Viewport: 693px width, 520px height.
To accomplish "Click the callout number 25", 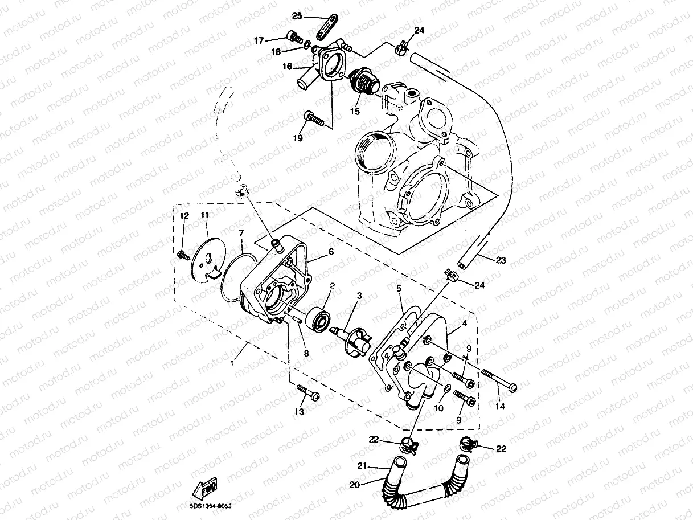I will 297,15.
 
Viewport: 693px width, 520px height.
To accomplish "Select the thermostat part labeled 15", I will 362,85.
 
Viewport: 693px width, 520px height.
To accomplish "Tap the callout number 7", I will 241,234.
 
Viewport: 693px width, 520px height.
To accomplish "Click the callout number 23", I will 500,260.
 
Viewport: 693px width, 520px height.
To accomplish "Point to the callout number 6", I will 330,251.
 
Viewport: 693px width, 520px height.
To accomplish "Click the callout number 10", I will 438,408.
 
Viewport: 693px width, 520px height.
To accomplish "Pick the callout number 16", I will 287,67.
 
